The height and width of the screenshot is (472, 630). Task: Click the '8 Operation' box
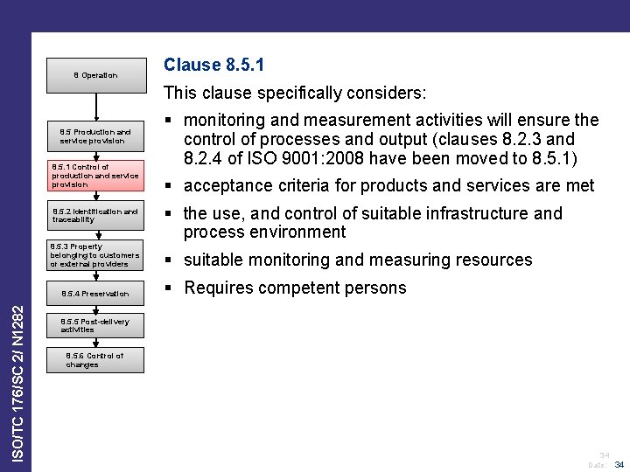94,75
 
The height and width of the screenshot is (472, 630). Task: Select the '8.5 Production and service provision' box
94,136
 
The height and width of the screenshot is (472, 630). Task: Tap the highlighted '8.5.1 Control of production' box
94,175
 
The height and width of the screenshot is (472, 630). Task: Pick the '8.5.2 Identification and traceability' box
94,215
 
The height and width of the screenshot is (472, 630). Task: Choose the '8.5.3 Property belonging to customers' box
94,255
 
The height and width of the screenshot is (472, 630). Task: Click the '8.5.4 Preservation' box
94,294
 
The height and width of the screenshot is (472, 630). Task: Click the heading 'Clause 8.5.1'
214,65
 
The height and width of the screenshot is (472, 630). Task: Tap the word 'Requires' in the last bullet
216,288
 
